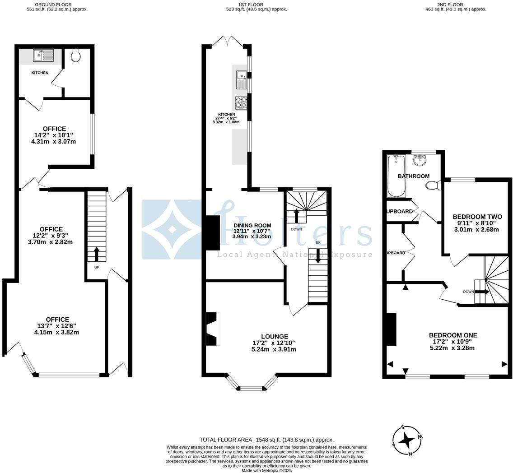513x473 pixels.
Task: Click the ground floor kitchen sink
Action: click(43, 56)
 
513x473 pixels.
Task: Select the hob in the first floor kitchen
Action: click(241, 102)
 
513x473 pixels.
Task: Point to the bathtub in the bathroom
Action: click(396, 176)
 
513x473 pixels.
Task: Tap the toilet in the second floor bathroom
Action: click(434, 185)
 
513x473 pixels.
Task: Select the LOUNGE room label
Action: click(274, 336)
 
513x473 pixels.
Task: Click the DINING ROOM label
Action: click(252, 225)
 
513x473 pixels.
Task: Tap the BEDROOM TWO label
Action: click(477, 217)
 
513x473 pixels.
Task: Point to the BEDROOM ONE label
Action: click(452, 335)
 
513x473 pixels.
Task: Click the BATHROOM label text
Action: click(413, 176)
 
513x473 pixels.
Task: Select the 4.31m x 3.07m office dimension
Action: click(53, 141)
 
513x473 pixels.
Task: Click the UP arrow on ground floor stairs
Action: click(96, 254)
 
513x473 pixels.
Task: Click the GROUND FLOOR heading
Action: click(53, 5)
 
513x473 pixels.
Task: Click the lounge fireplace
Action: click(212, 329)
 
